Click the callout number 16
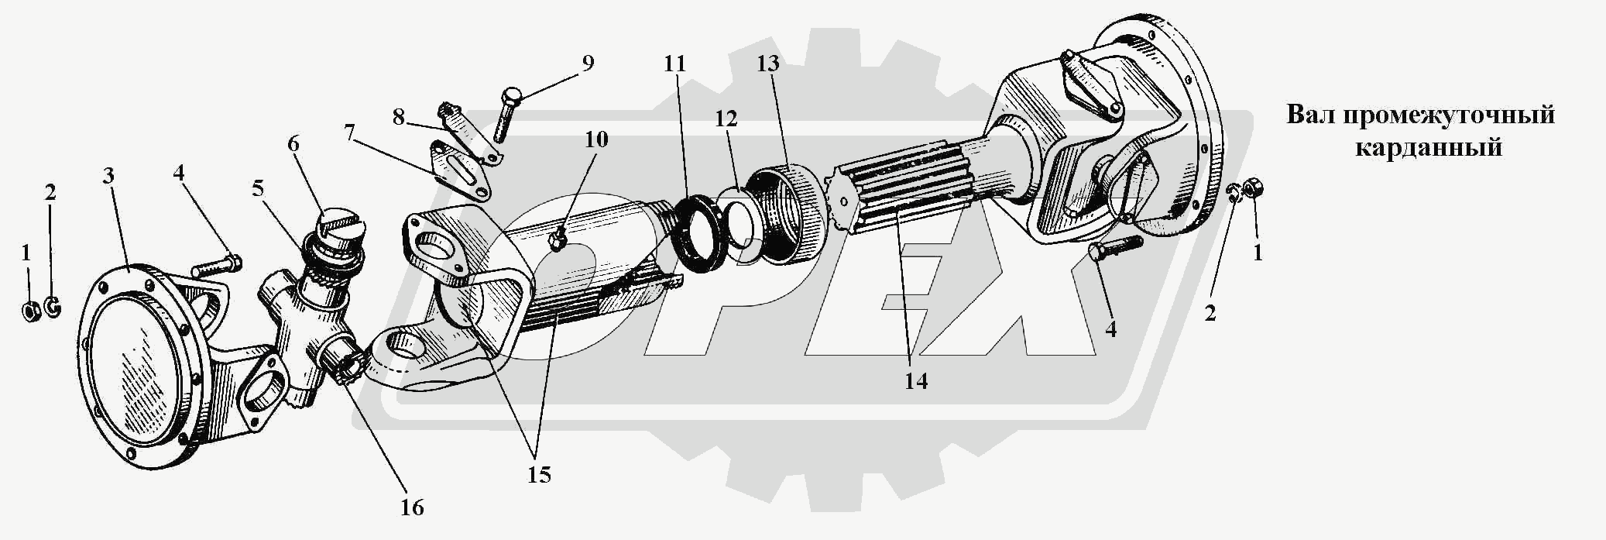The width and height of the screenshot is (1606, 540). (x=412, y=507)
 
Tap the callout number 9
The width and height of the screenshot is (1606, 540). (x=588, y=63)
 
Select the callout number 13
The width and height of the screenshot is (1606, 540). (x=767, y=64)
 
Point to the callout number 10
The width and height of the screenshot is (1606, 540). (x=596, y=139)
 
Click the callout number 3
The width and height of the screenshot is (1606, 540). (x=108, y=176)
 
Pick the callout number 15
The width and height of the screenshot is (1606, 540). (x=539, y=474)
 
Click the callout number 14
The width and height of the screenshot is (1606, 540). (x=916, y=380)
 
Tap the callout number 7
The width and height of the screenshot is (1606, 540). (x=350, y=132)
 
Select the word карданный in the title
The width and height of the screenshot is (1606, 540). (x=1428, y=147)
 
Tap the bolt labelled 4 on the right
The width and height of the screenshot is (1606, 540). (x=1115, y=249)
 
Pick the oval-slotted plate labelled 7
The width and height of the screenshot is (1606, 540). (x=462, y=172)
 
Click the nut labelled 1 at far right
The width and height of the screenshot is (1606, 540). (x=1255, y=189)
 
